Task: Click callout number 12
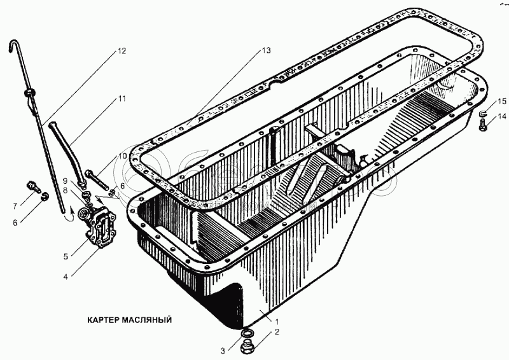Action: tap(122, 51)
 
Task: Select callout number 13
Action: tap(266, 50)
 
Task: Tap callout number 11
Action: tap(122, 99)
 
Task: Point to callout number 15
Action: tap(502, 101)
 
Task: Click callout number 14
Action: tap(502, 116)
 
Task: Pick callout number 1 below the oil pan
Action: tap(277, 322)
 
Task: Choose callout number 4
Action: tap(66, 277)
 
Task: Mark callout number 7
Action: tap(15, 206)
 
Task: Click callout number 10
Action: tap(122, 156)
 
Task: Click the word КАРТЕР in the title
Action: tap(103, 320)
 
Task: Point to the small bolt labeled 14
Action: tap(483, 125)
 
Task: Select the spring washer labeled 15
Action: tap(484, 114)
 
